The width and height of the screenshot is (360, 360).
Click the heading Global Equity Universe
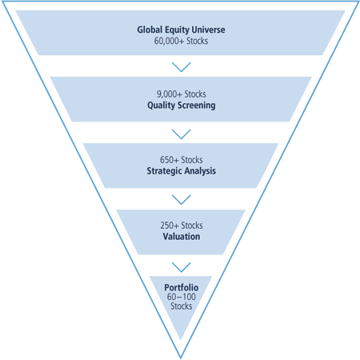click(181, 30)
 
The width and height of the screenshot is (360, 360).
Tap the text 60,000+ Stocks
click(181, 41)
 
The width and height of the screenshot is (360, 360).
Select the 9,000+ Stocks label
click(182, 94)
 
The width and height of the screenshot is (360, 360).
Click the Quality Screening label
click(182, 106)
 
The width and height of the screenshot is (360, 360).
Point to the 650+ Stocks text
click(182, 160)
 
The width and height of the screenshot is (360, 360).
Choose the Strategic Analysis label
click(182, 171)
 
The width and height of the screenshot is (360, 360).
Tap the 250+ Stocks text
click(182, 226)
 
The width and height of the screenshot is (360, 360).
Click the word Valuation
click(182, 237)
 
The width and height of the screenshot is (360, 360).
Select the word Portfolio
click(182, 287)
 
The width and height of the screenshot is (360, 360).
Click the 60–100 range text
click(182, 297)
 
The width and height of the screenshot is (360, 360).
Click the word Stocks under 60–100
click(182, 306)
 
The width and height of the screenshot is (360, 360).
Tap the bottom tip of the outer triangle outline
click(181, 358)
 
